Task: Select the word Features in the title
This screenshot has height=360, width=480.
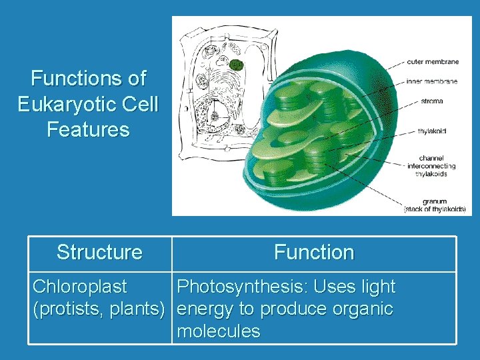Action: pos(88,129)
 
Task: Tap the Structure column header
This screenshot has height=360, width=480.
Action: pos(99,253)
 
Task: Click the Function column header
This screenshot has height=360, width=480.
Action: pos(313,253)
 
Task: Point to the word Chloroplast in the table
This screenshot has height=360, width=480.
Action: pos(79,287)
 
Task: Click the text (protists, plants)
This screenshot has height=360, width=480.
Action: pos(99,309)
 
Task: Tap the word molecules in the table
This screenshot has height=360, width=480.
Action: pos(218,331)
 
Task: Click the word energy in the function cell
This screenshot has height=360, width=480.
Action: pos(206,309)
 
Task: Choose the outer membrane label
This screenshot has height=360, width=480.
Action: pos(433,62)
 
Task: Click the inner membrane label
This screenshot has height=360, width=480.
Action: pos(432,81)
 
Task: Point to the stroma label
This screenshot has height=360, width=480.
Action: pos(432,101)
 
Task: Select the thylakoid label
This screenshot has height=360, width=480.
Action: pos(432,131)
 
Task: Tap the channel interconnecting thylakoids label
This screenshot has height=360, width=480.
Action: pos(431,166)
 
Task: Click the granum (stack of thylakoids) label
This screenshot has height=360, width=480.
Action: pos(435,205)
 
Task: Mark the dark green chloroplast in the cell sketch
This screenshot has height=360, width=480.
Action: pos(236,65)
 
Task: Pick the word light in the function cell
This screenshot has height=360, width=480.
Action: pos(378,287)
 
